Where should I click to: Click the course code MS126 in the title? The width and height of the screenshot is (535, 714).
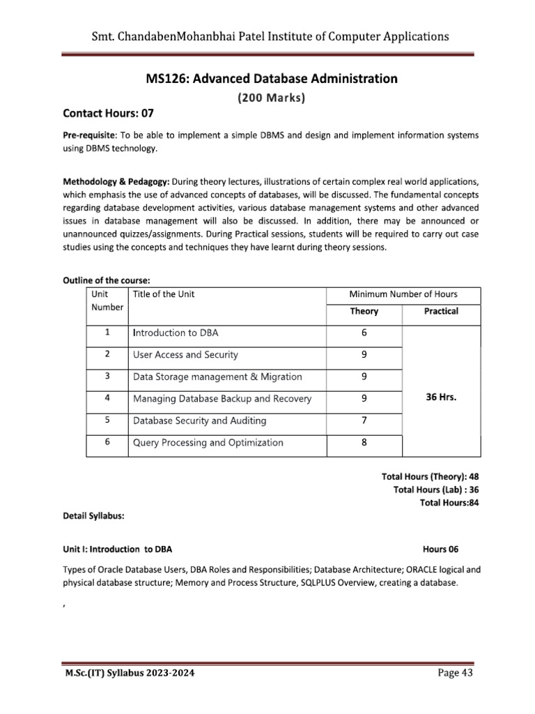[x=166, y=79]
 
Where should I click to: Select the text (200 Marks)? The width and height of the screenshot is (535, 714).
[x=271, y=98]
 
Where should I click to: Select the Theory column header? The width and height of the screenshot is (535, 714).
[x=364, y=311]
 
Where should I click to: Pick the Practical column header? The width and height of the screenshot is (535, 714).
[x=441, y=311]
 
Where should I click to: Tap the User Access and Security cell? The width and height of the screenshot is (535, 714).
[x=185, y=355]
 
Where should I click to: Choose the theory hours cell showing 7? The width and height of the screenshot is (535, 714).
[x=364, y=421]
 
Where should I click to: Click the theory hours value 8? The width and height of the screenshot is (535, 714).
[x=364, y=443]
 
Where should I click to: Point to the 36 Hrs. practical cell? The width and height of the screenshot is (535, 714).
[x=441, y=399]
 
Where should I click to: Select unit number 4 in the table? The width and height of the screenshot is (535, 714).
[x=107, y=399]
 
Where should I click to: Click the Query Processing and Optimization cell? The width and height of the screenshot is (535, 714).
[x=208, y=443]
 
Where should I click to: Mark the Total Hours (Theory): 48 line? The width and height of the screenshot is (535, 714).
[x=431, y=477]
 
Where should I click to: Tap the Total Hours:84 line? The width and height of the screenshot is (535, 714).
[x=449, y=502]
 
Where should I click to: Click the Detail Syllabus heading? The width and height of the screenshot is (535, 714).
[x=93, y=517]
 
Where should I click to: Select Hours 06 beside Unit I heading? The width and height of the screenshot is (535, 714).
[x=440, y=549]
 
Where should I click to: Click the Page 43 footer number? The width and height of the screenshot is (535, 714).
[x=456, y=672]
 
